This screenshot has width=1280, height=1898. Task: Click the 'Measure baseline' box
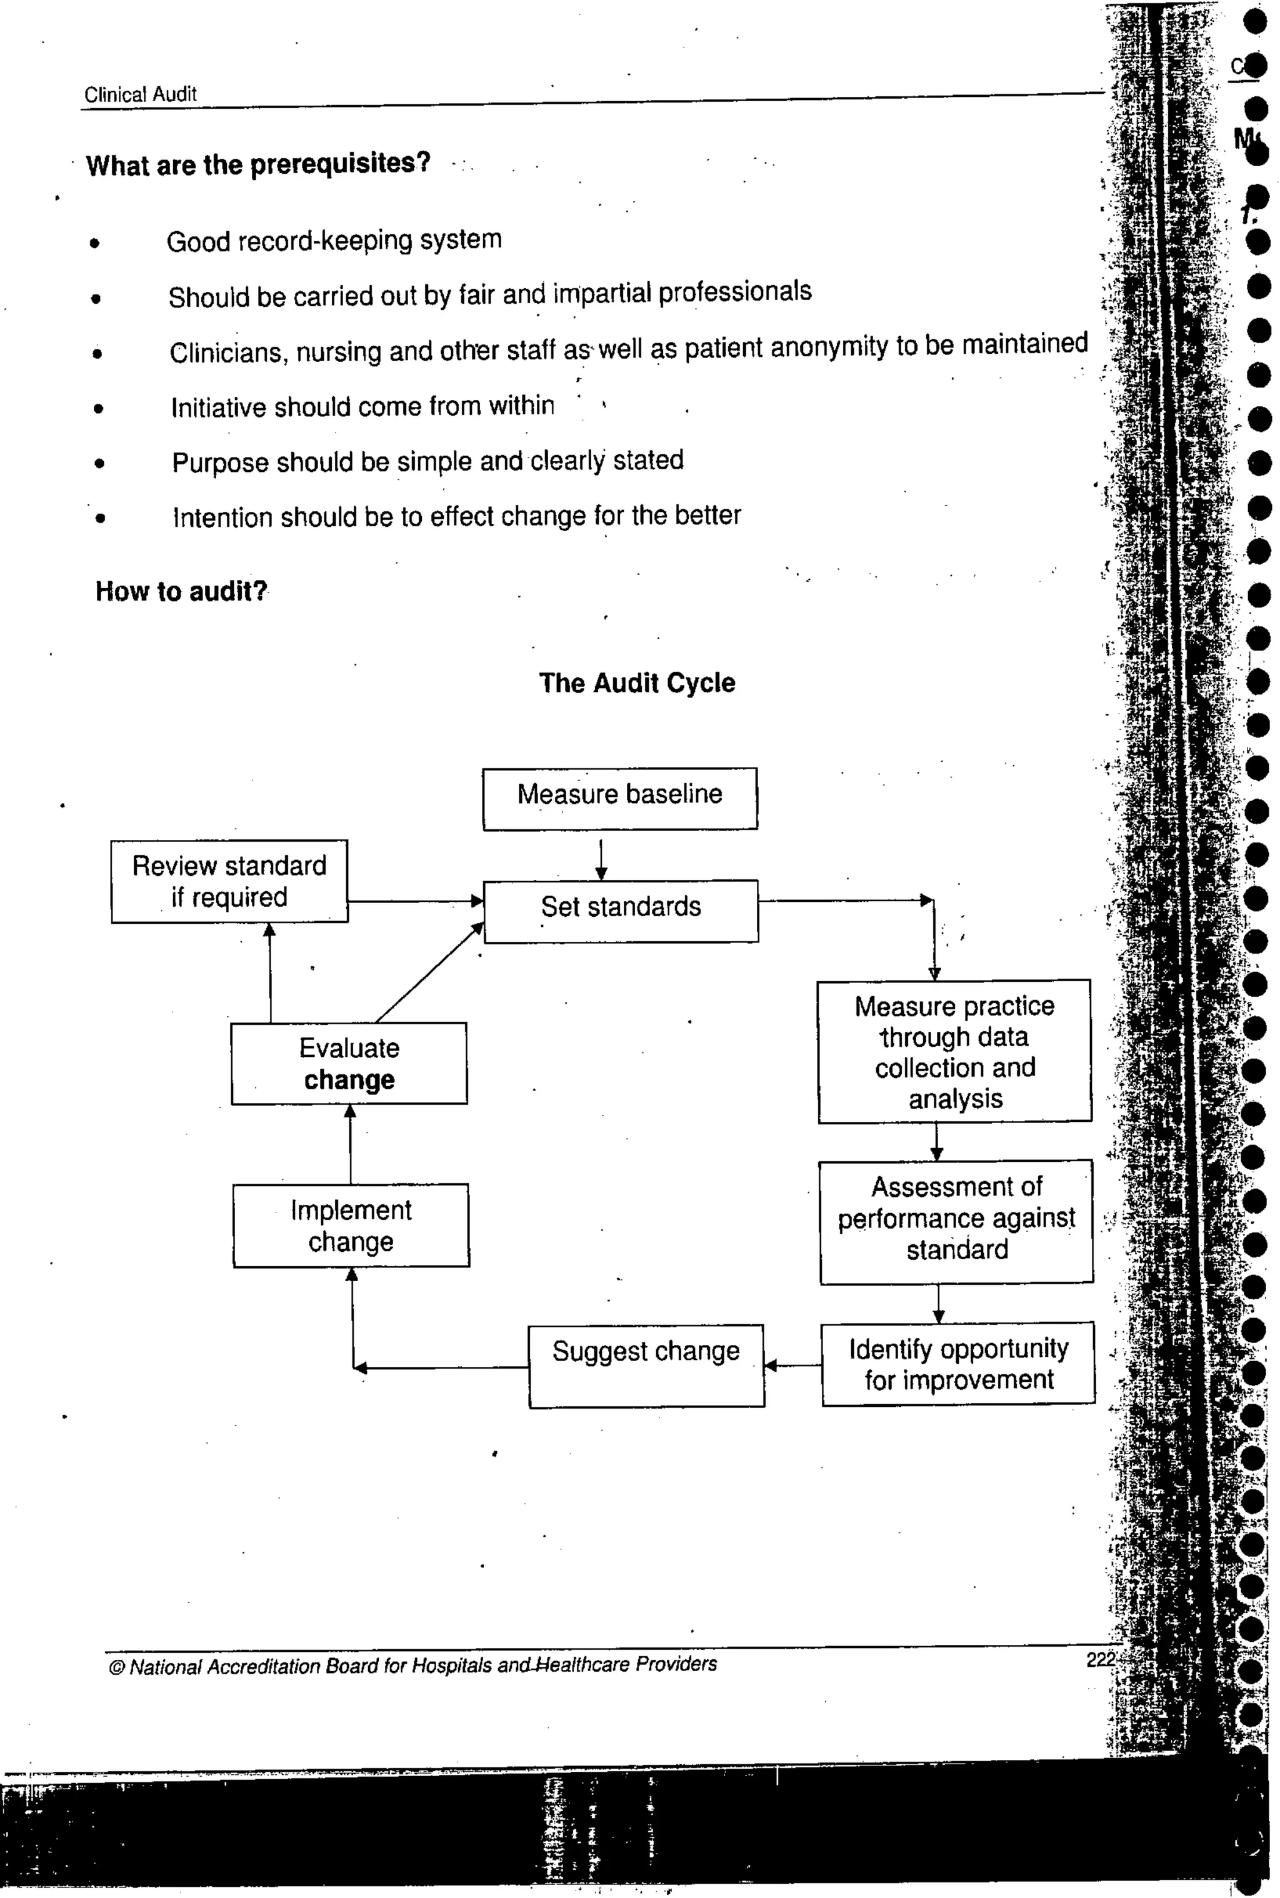tap(619, 798)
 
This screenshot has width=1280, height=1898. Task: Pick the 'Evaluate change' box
tap(349, 1063)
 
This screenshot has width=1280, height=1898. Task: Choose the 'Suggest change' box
tap(646, 1365)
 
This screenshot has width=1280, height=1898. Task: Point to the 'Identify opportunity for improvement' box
tap(957, 1363)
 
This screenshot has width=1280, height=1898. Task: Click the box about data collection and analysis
tap(954, 1051)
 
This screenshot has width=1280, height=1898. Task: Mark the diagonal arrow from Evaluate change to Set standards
tap(429, 973)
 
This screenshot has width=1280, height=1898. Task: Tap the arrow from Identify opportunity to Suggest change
tap(792, 1364)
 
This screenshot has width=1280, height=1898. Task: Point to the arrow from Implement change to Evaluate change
tap(350, 1144)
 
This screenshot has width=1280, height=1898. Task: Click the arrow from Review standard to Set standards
tap(416, 901)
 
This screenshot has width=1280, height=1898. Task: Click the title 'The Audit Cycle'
tap(637, 682)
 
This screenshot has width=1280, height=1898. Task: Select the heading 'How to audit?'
tap(181, 591)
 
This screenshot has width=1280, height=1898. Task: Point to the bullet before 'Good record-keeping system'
tap(96, 242)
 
